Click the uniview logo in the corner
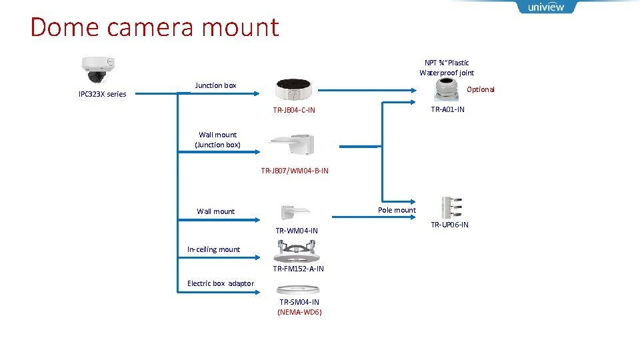point(545,7)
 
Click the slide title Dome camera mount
point(155,27)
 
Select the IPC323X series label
point(102,94)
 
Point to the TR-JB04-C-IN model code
point(294,110)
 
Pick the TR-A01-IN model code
point(447,109)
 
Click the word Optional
point(481,89)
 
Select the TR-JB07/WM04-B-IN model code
point(295,171)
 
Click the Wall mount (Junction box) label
point(217,139)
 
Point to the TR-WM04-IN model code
point(297,231)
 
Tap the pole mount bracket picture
point(451,208)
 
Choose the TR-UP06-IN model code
point(449,225)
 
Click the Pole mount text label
point(397,210)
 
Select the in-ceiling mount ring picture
point(297,251)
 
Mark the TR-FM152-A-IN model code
point(298,269)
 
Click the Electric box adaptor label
point(221,283)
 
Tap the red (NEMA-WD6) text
point(299,311)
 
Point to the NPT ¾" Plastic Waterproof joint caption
point(447,67)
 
